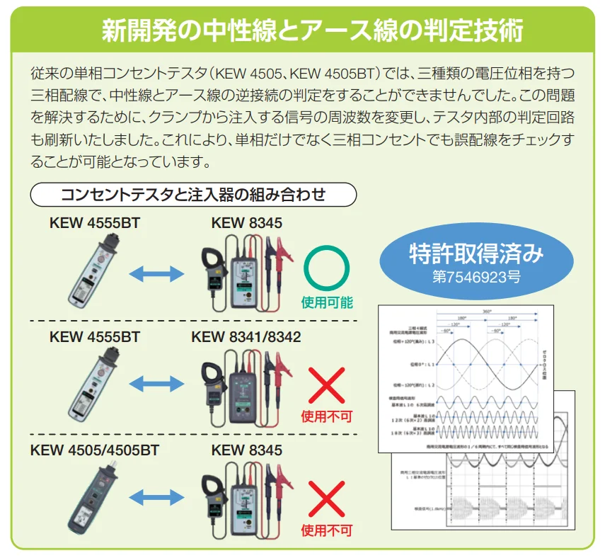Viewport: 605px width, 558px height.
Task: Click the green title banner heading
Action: pyautogui.click(x=302, y=30)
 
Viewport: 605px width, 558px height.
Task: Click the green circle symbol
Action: pyautogui.click(x=326, y=269)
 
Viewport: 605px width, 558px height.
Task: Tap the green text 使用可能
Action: pyautogui.click(x=326, y=302)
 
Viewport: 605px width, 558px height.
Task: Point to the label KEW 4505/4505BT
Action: pyautogui.click(x=95, y=450)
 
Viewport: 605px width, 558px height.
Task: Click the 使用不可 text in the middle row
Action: pyautogui.click(x=326, y=416)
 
